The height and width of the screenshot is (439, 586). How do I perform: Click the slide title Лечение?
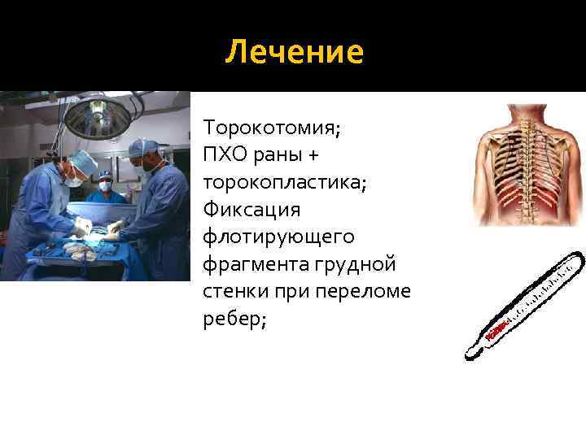click(x=294, y=53)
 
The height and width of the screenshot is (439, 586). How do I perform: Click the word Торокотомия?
click(x=271, y=128)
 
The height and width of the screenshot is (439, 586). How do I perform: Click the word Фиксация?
click(x=251, y=210)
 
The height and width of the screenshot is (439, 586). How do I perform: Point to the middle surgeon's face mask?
click(x=106, y=185)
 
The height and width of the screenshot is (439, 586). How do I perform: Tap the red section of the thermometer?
click(x=497, y=329)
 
